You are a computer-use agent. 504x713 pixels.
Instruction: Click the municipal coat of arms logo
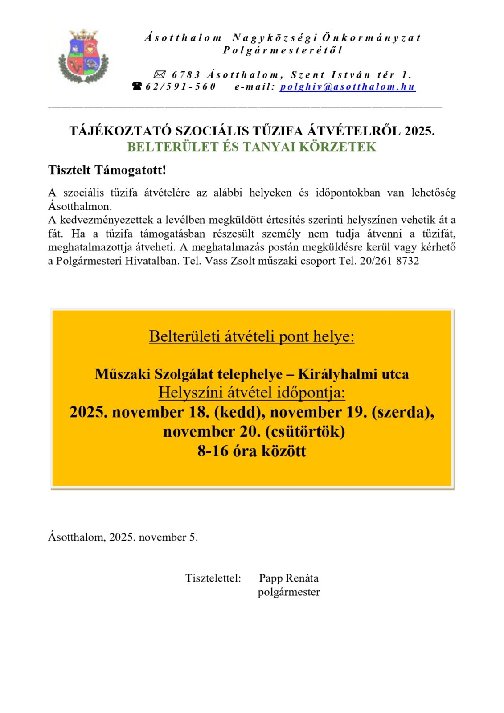84,56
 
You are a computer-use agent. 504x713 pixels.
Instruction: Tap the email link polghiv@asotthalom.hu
348,87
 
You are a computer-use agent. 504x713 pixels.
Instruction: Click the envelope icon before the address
159,74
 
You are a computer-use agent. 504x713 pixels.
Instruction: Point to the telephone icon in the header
137,86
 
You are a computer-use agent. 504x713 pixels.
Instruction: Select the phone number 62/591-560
180,87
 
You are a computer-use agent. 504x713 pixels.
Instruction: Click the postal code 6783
186,75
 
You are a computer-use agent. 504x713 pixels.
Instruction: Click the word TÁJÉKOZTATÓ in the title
120,131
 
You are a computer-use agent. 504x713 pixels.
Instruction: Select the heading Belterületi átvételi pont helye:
252,336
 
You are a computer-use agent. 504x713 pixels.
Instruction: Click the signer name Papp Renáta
289,578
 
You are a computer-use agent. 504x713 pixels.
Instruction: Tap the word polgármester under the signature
289,592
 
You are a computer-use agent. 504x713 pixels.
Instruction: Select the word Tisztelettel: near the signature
213,578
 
